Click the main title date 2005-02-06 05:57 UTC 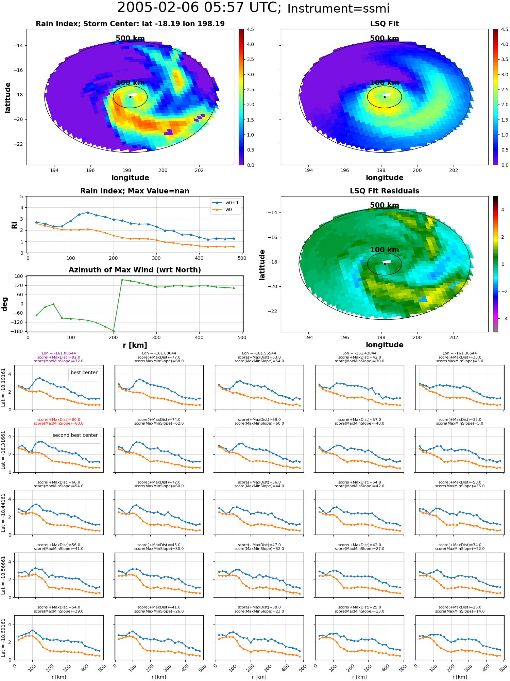click(x=199, y=7)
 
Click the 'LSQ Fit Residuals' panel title click(x=385, y=191)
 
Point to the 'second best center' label click(x=75, y=435)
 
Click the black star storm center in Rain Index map click(x=130, y=97)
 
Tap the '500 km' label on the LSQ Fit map click(x=385, y=38)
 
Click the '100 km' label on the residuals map click(x=385, y=250)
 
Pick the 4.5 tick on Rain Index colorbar click(x=250, y=29)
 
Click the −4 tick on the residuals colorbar click(x=503, y=319)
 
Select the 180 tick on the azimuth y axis click(x=19, y=276)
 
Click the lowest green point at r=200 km click(x=114, y=331)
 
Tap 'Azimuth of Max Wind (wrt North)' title click(x=135, y=270)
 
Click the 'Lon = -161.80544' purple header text click(x=59, y=353)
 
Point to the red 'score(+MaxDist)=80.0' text click(x=59, y=420)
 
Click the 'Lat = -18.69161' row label click(x=3, y=638)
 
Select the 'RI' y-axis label click(x=14, y=225)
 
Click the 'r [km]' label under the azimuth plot click(x=135, y=345)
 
